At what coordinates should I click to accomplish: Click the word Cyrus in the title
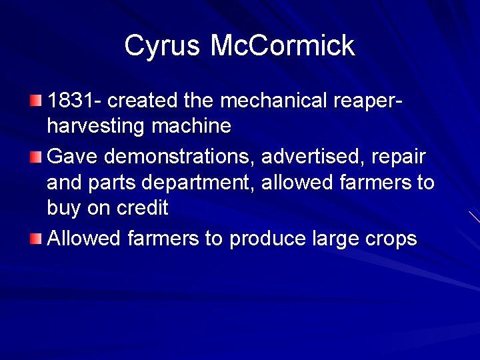point(163,46)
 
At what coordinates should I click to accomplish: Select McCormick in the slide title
point(283,46)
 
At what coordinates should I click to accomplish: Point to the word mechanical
point(274,101)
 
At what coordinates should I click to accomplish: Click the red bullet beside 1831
point(35,101)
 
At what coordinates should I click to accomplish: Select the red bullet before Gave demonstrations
point(35,157)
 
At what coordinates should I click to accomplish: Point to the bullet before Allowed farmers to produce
point(35,239)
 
